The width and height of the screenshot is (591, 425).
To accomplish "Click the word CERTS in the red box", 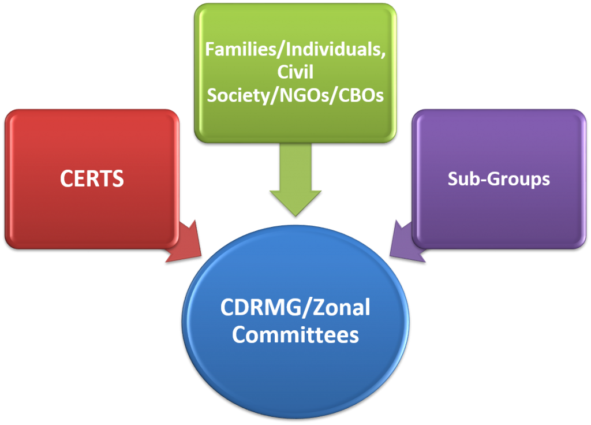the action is tap(92, 178).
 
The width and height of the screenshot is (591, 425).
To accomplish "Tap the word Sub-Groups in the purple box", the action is tap(499, 179).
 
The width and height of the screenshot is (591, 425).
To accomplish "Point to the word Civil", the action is tap(295, 72).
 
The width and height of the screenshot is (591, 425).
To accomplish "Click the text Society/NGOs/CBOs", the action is tap(295, 95).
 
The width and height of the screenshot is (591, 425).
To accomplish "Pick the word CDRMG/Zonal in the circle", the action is tap(295, 307).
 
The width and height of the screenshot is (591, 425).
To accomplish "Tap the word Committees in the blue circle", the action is tap(295, 334).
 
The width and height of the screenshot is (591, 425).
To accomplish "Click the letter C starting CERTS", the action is tap(66, 178).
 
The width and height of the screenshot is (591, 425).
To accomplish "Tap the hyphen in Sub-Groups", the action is tap(482, 180).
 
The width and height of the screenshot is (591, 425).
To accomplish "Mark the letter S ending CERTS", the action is tap(118, 178).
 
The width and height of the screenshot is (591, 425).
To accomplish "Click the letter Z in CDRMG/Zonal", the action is tap(319, 307).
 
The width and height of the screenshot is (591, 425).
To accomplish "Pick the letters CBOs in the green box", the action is tap(361, 95).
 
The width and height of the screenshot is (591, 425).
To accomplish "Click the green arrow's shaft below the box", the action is tap(295, 167).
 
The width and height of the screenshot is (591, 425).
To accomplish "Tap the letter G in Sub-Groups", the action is tap(494, 178).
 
